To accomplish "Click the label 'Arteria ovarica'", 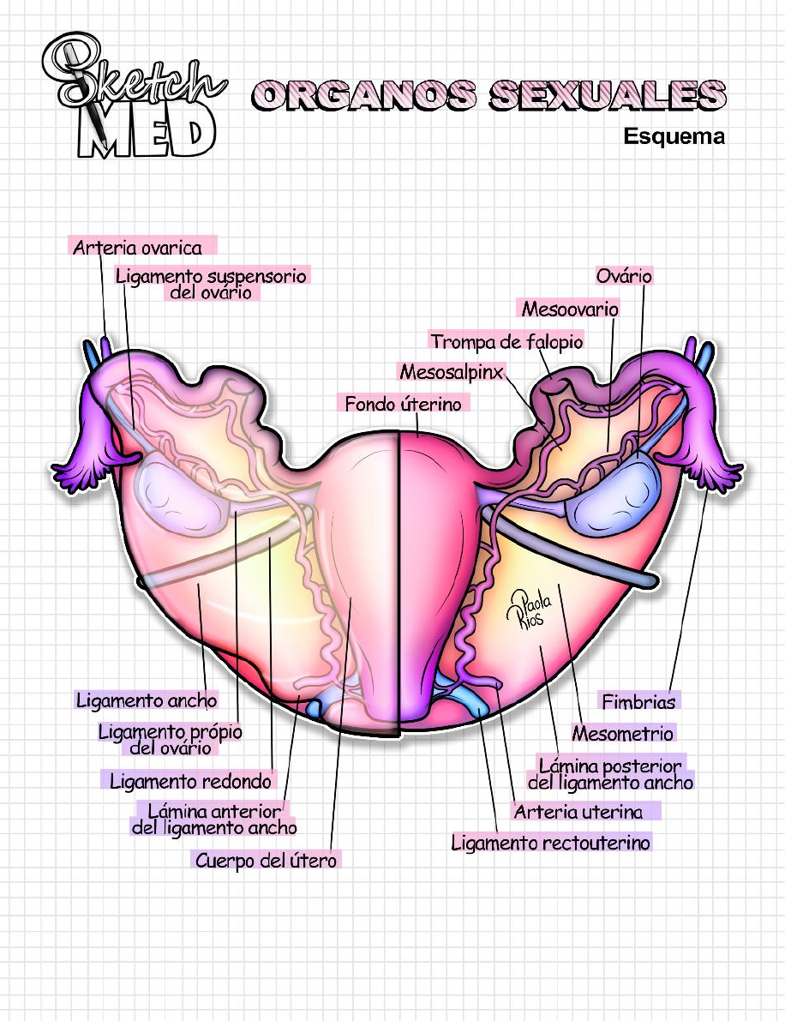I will click(137, 248).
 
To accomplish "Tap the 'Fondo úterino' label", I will click(403, 403).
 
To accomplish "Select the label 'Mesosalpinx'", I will click(451, 371).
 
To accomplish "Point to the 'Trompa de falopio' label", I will click(506, 341).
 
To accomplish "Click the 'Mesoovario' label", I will click(570, 309).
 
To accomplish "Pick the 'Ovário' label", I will click(625, 276).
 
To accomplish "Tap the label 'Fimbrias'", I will click(638, 701).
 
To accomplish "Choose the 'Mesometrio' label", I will click(623, 733).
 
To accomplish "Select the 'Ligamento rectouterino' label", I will click(550, 843).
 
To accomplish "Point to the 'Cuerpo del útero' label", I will click(266, 860).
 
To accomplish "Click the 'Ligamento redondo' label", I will click(190, 781).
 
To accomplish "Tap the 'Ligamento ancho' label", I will click(147, 700).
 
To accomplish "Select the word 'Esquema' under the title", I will click(674, 136).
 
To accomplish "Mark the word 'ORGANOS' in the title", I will click(364, 95).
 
